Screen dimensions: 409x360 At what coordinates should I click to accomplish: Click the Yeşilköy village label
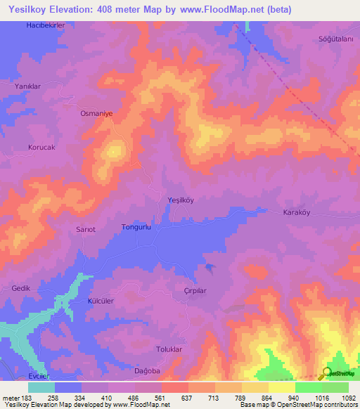[x=181, y=200]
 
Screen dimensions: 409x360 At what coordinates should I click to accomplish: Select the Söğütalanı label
[x=335, y=39]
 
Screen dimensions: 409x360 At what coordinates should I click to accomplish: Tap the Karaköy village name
[x=297, y=212]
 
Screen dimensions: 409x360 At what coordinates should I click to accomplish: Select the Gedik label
[x=21, y=289]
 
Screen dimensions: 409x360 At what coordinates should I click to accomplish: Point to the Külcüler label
[x=101, y=300]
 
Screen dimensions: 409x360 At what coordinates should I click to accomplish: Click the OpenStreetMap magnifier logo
[x=326, y=373]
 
